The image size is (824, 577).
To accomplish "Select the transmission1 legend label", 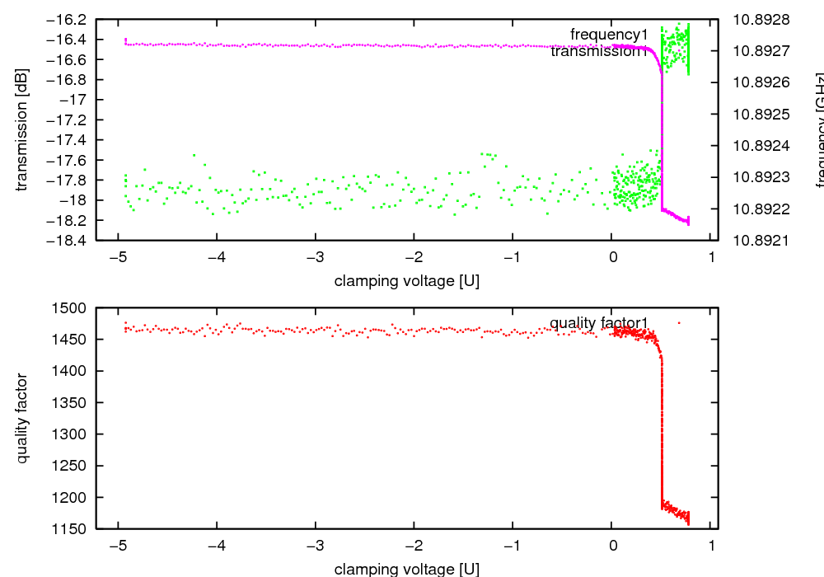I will coord(600,52).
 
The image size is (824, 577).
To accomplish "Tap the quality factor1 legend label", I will coord(600,323).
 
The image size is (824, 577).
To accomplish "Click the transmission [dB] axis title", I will coord(22,129).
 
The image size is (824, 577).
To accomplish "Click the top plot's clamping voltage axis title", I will coord(407,281).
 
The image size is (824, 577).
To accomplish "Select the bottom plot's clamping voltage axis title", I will coord(407,569).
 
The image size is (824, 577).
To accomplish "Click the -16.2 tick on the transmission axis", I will coord(68,19).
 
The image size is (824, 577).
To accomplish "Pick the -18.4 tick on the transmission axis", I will coord(68,241).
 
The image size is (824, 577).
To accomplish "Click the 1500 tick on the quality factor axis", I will coord(74,308).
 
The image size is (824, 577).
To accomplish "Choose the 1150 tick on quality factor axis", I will coord(74,528).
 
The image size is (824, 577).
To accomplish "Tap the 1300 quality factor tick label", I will coord(74,434).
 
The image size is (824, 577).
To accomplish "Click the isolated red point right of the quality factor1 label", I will coord(679,322).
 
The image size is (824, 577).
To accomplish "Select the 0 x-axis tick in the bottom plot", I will coord(612,544).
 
